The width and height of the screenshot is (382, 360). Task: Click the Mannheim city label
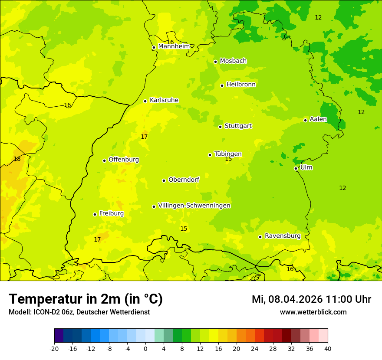tap(174, 46)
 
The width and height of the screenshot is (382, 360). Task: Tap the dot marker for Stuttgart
tap(220, 127)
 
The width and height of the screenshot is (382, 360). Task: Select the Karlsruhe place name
tap(164, 100)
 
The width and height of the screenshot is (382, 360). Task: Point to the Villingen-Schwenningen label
tap(194, 206)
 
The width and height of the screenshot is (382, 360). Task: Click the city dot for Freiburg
tap(95, 214)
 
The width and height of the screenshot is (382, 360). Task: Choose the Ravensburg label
tap(282, 236)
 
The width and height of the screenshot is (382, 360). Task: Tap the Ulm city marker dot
tap(296, 168)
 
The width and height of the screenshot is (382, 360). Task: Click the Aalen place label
tap(318, 119)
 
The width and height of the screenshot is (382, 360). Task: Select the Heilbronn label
tap(240, 85)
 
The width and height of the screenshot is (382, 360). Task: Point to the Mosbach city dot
tap(215, 62)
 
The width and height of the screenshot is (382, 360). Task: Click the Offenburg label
tap(123, 160)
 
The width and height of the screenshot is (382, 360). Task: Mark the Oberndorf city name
tap(184, 180)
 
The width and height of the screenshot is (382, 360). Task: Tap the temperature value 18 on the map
tap(17, 159)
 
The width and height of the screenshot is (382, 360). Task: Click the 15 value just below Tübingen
tap(228, 159)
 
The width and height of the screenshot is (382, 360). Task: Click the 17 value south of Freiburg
tap(97, 239)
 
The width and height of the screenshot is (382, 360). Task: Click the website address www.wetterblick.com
tap(313, 312)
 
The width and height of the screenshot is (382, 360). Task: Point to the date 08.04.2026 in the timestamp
tap(295, 299)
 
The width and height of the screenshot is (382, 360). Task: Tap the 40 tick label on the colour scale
tap(328, 349)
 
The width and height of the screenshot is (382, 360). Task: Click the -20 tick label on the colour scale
tap(54, 349)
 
